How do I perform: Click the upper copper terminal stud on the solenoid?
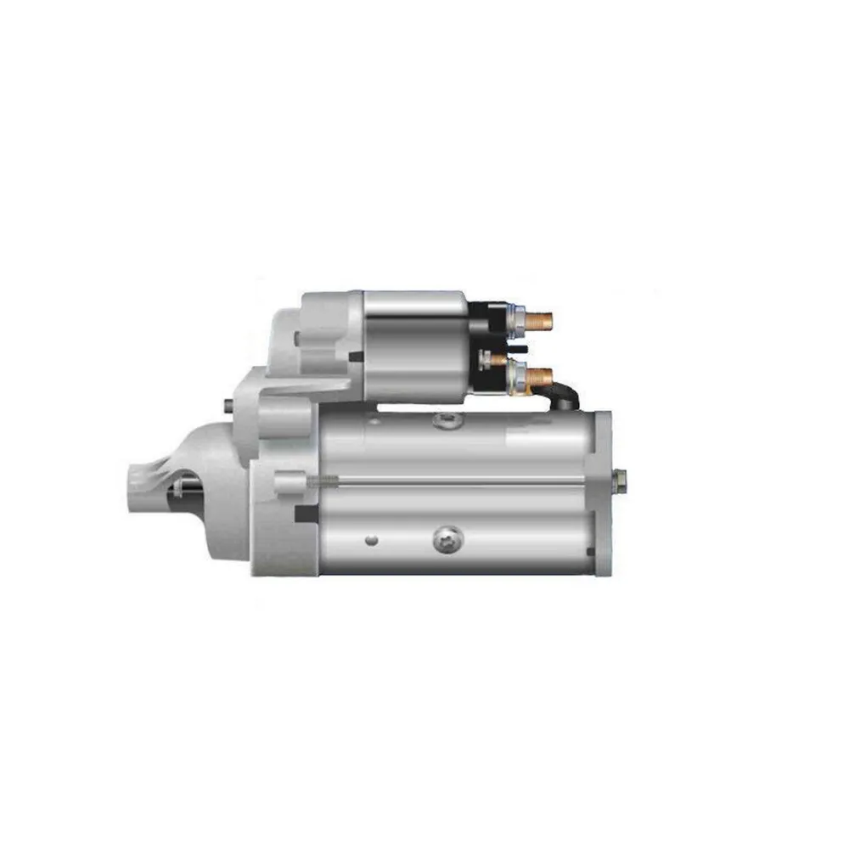[x=538, y=321]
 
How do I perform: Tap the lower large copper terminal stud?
[x=540, y=375]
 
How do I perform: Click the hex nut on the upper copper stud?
[x=514, y=321]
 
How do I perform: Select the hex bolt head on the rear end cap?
[x=620, y=481]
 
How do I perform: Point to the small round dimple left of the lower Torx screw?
[x=371, y=539]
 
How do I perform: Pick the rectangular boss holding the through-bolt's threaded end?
[x=290, y=481]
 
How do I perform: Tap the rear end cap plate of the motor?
[x=602, y=492]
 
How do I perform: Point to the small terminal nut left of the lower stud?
[x=487, y=359]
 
